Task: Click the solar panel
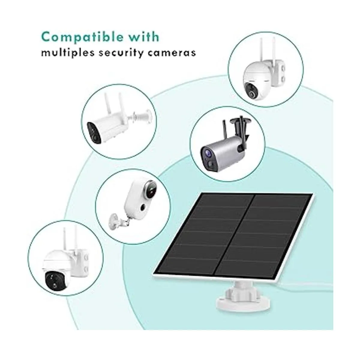[233, 239]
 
